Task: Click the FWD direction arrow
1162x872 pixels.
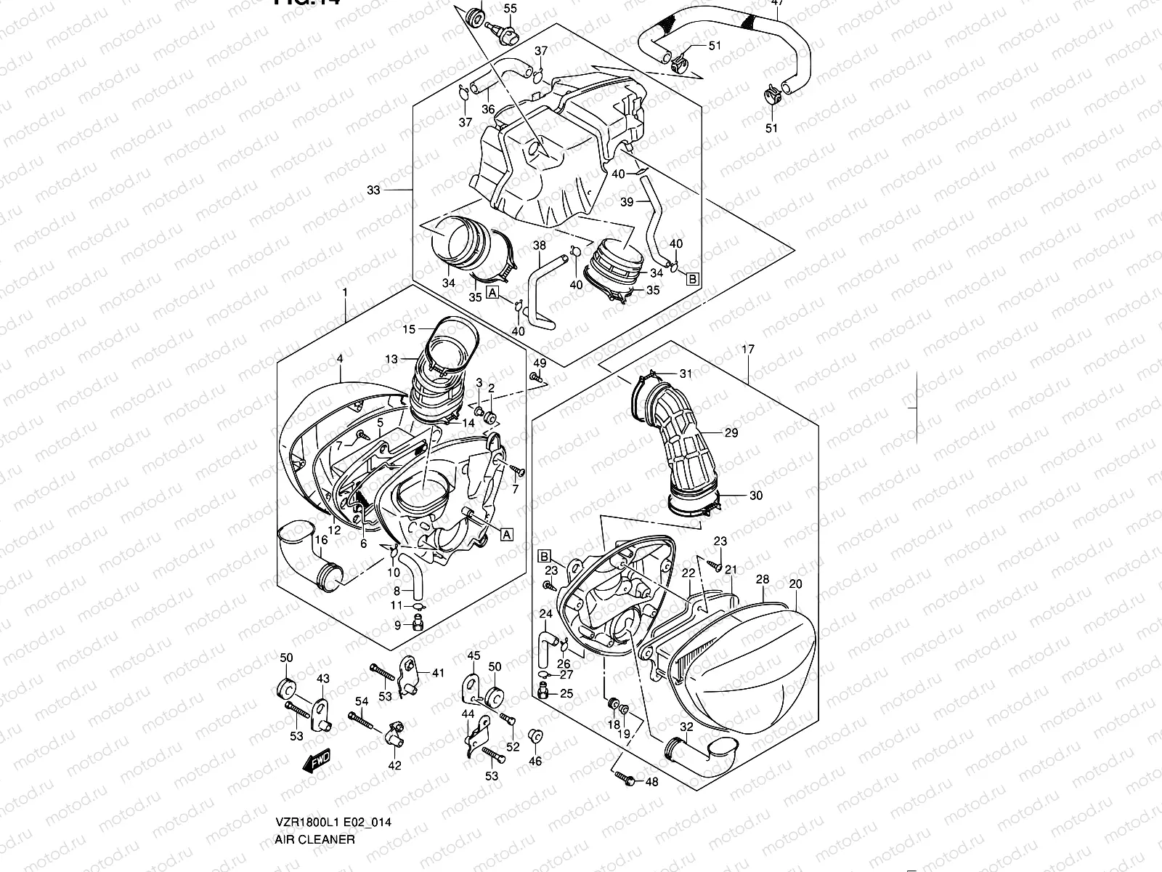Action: pos(317,762)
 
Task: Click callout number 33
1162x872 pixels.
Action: pos(373,190)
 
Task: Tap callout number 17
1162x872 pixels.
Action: pos(747,350)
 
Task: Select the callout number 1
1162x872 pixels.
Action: pos(345,292)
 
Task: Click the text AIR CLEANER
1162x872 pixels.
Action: pos(315,839)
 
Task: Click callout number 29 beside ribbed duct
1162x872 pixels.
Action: pos(731,432)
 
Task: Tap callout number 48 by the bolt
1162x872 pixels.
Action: pos(651,782)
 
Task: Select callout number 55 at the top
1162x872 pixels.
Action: pos(511,9)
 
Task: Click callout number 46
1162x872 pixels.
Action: pos(535,762)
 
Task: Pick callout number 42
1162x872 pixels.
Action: pos(394,765)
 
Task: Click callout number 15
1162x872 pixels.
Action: pos(409,329)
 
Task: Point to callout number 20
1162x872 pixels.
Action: pos(795,584)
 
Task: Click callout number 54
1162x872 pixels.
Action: pos(362,701)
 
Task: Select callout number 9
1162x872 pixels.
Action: pos(397,625)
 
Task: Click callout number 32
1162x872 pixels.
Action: pos(686,727)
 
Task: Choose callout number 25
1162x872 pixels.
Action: pos(566,693)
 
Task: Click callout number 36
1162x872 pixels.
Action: pos(488,110)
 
